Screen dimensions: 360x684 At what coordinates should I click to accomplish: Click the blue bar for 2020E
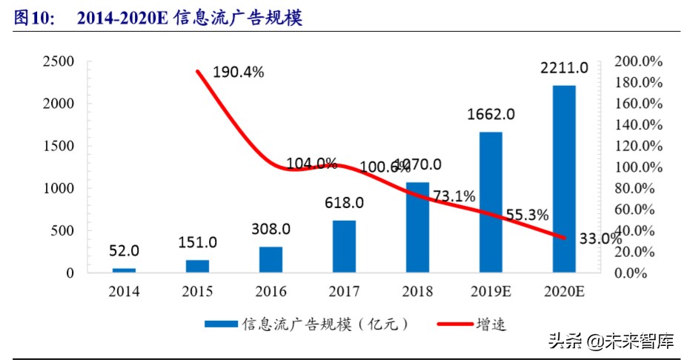[x=564, y=179]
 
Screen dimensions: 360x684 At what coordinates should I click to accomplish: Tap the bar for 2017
[x=344, y=247]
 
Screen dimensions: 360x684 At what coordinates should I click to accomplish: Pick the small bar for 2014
[x=124, y=270]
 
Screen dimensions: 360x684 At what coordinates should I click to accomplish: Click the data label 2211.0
[x=564, y=68]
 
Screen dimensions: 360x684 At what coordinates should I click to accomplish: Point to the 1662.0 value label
[x=491, y=115]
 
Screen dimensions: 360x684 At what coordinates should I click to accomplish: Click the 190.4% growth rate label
[x=239, y=73]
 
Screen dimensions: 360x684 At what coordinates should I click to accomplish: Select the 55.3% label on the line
[x=527, y=215]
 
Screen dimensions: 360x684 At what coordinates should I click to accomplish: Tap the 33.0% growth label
[x=600, y=239]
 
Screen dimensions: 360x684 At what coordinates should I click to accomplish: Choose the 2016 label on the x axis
[x=270, y=291]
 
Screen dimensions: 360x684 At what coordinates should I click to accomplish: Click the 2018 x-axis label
[x=417, y=291]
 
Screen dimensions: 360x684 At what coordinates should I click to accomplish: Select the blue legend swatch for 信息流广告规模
[x=220, y=324]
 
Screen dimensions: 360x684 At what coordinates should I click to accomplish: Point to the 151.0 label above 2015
[x=197, y=242]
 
